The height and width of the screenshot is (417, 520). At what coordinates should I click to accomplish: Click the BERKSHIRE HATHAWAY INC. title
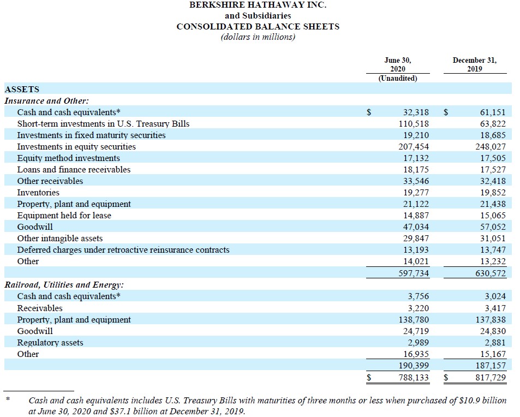(258, 5)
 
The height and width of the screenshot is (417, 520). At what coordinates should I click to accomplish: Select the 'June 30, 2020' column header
(398, 64)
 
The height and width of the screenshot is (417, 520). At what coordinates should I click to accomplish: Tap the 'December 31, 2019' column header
(474, 64)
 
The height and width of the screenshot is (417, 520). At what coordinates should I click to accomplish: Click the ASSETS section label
(22, 89)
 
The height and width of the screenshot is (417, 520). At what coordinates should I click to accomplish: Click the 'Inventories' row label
(38, 193)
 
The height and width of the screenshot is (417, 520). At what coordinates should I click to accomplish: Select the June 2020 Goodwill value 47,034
(415, 227)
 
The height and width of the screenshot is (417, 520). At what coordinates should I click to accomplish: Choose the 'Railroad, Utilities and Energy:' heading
(64, 284)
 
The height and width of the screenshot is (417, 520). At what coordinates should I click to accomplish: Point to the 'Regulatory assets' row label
(50, 343)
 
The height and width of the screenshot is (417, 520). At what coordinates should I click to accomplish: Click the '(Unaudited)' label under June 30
(398, 78)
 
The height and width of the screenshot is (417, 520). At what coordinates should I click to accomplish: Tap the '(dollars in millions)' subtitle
(258, 37)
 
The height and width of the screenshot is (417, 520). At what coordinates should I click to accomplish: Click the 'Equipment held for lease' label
(64, 216)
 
